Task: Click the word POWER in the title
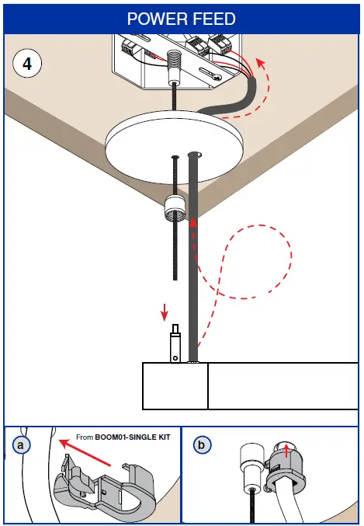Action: [154, 17]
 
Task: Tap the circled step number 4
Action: [28, 64]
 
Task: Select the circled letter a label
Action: [22, 445]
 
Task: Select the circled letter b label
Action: [202, 445]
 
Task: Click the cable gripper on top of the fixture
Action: [176, 342]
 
